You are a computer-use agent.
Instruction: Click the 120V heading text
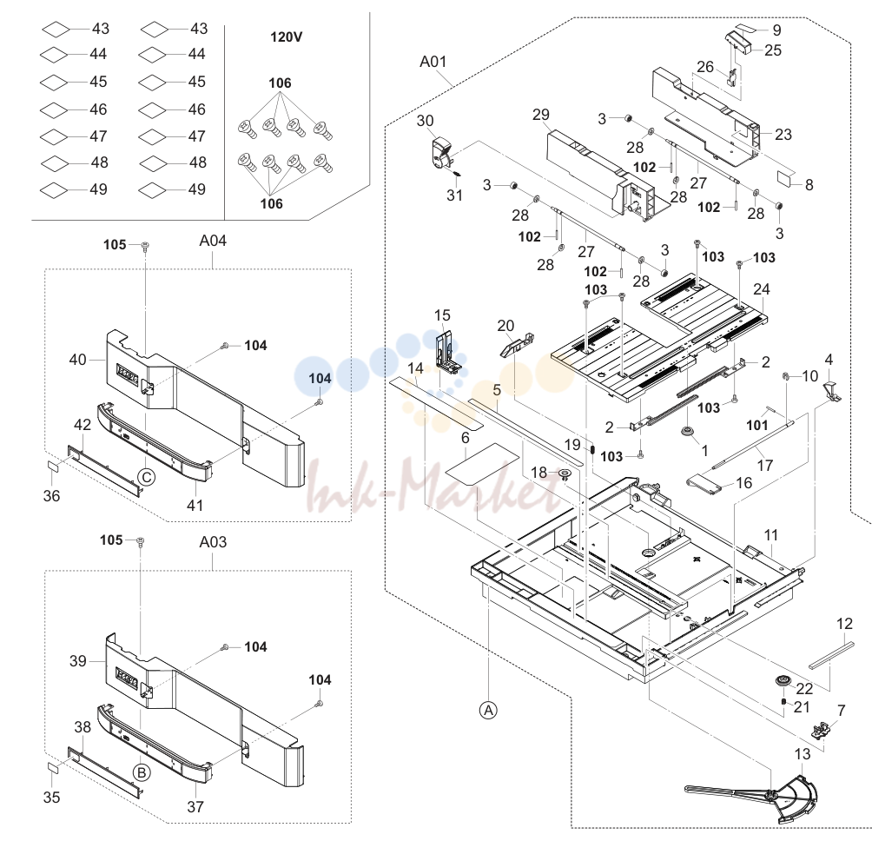coord(287,36)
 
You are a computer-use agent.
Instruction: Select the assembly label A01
coord(433,61)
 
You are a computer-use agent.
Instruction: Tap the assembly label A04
coord(213,241)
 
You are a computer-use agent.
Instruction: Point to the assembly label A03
coord(213,542)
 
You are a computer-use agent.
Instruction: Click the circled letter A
coord(488,711)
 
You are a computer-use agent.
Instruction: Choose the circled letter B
coord(142,772)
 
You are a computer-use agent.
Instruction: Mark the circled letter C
coord(147,477)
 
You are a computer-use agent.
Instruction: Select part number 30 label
coord(426,121)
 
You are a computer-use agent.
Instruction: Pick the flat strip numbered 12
coord(831,655)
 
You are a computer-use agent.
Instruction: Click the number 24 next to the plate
coord(762,289)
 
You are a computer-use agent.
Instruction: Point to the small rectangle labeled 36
coord(52,465)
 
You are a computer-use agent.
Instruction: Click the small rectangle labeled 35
coord(52,767)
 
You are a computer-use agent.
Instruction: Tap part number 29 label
coord(540,115)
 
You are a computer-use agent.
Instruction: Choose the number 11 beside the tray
coord(770,535)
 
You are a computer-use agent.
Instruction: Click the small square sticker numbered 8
coord(787,179)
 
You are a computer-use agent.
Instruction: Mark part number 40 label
coord(78,360)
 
